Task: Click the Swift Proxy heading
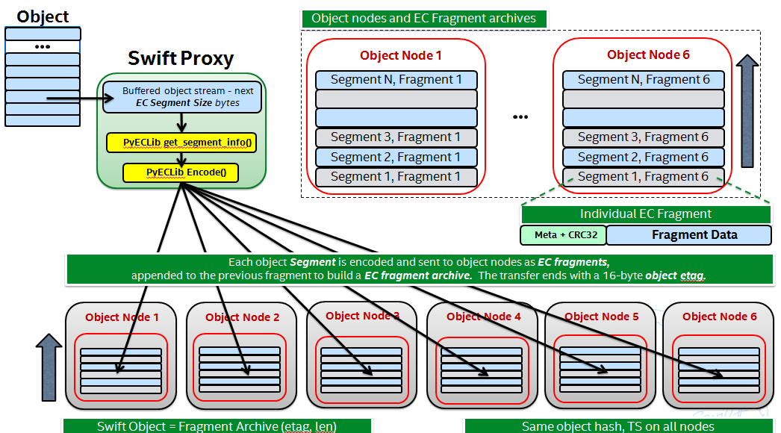[x=181, y=58]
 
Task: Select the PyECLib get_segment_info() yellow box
[x=181, y=142]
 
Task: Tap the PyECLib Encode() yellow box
[x=181, y=172]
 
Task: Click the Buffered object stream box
[x=182, y=97]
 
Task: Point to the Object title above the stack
[x=43, y=16]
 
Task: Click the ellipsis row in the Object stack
[x=43, y=46]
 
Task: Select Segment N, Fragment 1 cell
[x=396, y=79]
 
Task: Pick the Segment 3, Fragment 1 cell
[x=396, y=137]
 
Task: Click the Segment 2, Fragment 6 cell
[x=643, y=157]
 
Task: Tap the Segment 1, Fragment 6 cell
[x=643, y=177]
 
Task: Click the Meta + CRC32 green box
[x=562, y=235]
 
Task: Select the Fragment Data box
[x=688, y=235]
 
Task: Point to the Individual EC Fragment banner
[x=645, y=214]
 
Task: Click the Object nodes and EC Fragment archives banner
[x=423, y=19]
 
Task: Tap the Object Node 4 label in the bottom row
[x=483, y=317]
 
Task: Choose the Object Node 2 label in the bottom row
[x=242, y=317]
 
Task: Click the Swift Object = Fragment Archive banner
[x=217, y=426]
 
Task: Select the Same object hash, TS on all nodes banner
[x=617, y=426]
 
